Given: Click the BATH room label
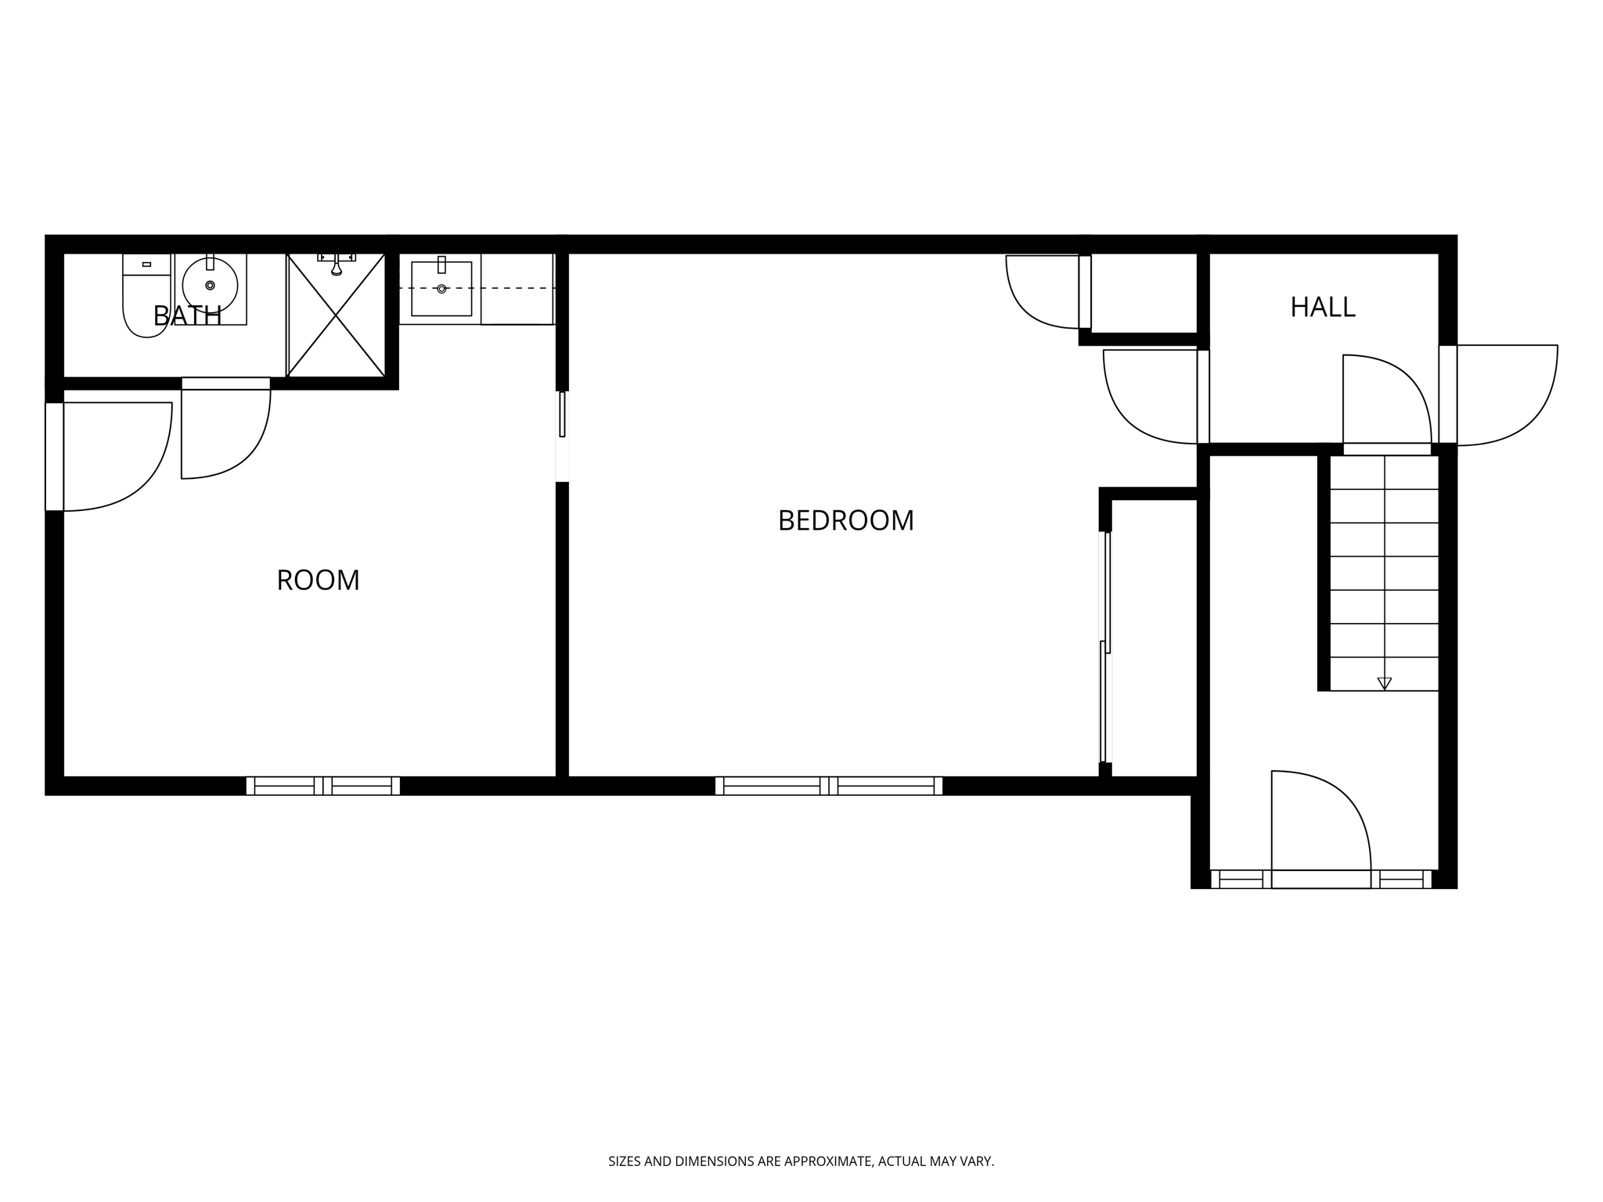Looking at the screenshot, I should click(x=187, y=315).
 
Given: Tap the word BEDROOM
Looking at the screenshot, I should click(x=845, y=520).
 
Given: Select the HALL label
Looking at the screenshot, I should click(x=1322, y=307).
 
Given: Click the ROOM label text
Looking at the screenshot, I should click(x=318, y=580).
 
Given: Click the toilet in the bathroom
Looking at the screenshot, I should click(x=146, y=301).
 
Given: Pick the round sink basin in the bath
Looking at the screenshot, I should click(x=210, y=285).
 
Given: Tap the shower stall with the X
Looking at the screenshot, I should click(x=336, y=315).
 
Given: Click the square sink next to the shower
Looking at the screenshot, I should click(x=441, y=289).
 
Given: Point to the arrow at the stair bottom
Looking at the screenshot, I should click(x=1384, y=683).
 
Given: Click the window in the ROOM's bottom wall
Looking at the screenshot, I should click(x=322, y=786).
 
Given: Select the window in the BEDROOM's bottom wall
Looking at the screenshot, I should click(x=828, y=786).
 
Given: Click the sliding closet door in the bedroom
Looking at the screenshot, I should click(x=1106, y=646).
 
